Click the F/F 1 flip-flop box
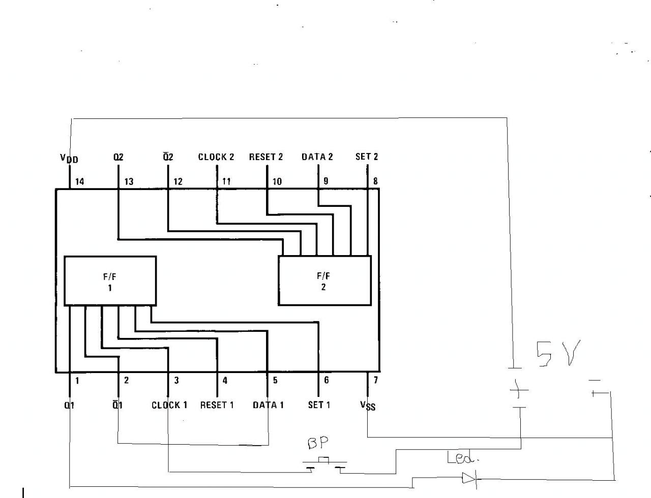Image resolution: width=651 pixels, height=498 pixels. [x=110, y=281]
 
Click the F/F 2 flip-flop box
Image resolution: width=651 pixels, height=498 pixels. [x=324, y=281]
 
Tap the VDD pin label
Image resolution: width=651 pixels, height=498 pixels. [x=69, y=158]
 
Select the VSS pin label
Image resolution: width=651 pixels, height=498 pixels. [x=368, y=405]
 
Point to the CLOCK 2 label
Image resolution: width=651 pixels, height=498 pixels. [x=216, y=157]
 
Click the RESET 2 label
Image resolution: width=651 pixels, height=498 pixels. [x=265, y=157]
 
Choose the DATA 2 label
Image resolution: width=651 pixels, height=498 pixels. [x=317, y=157]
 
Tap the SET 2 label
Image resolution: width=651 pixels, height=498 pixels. [x=366, y=157]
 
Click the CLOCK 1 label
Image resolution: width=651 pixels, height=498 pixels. [x=169, y=405]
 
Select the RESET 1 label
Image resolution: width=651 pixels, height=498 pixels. [x=217, y=405]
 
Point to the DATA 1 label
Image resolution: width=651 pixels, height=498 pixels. [x=268, y=405]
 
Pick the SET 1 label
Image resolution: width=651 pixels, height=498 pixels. [x=319, y=405]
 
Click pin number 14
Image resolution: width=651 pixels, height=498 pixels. [x=80, y=181]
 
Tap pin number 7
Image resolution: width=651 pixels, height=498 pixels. [x=375, y=380]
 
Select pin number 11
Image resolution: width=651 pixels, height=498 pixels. [x=226, y=181]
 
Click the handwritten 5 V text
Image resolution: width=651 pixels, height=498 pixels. [x=558, y=354]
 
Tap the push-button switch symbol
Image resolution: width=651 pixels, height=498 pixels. [x=324, y=463]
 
